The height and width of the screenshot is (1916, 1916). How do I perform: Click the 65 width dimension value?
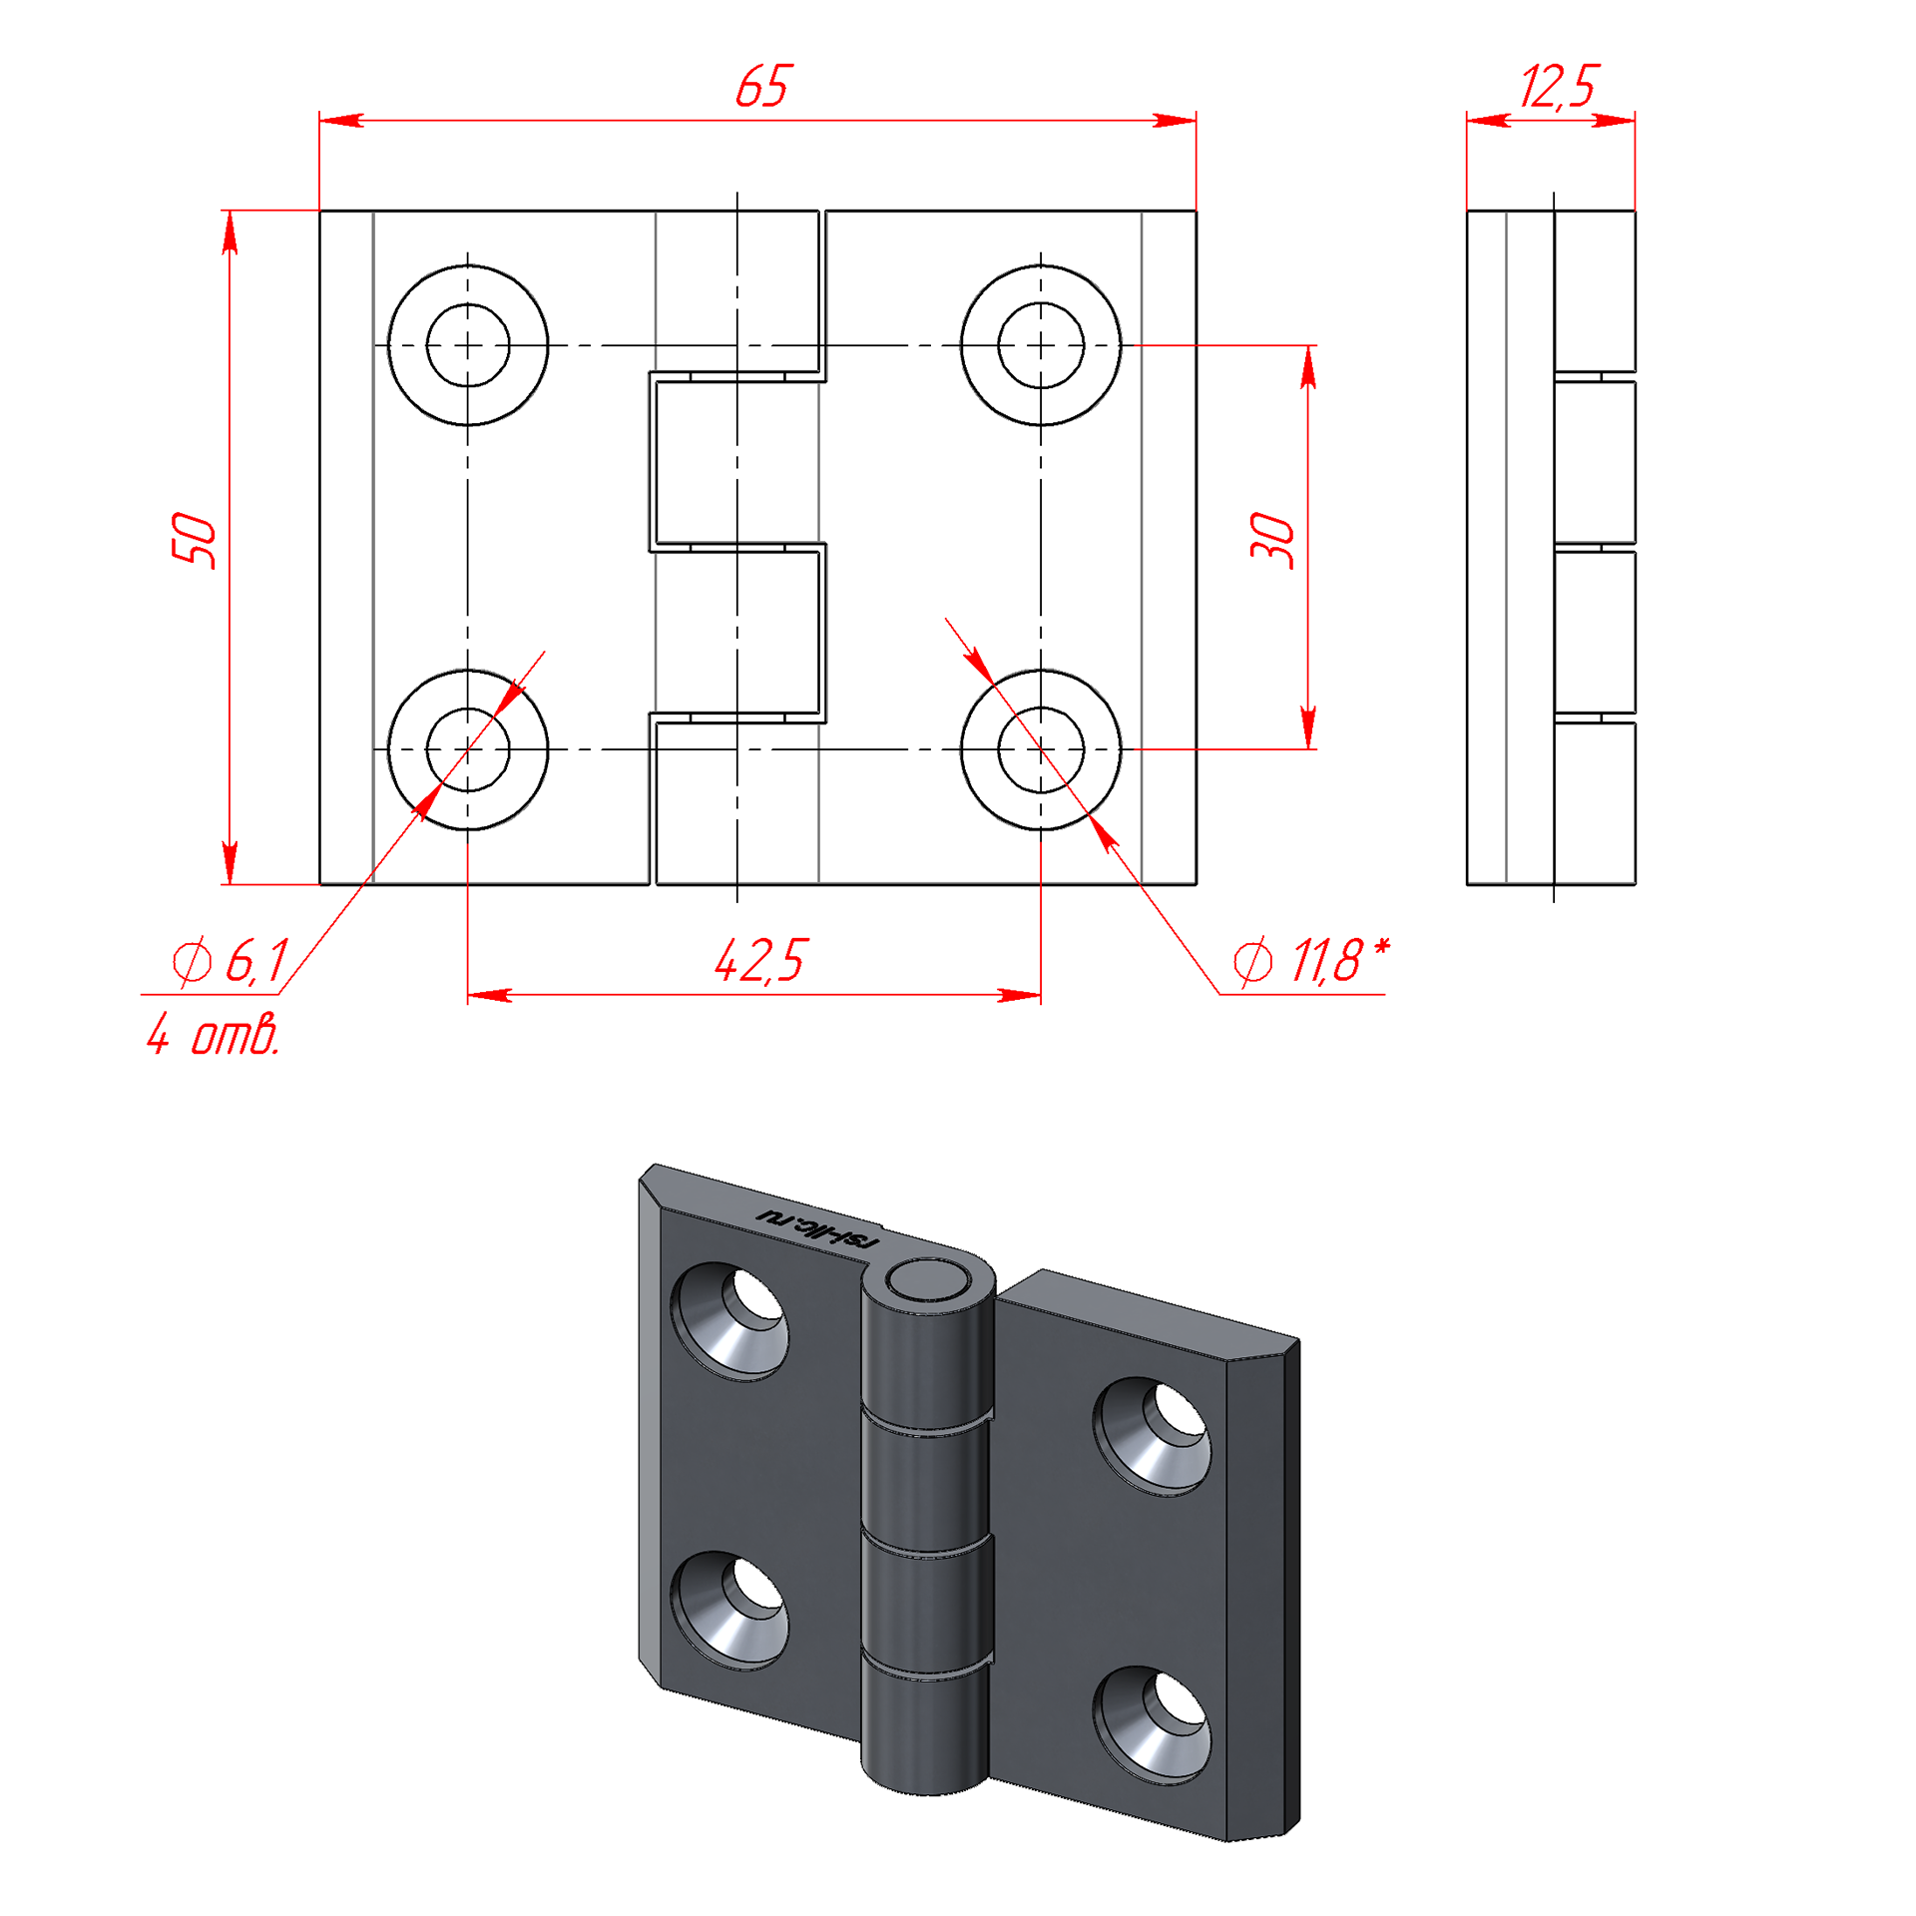click(761, 86)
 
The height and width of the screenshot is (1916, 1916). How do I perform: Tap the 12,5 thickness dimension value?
click(1558, 86)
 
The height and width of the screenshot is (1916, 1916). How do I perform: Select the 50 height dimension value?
click(194, 540)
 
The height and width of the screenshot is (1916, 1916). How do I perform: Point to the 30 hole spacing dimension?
click(1272, 540)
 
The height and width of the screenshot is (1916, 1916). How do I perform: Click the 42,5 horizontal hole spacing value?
click(759, 960)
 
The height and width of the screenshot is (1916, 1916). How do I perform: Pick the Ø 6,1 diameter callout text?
click(231, 960)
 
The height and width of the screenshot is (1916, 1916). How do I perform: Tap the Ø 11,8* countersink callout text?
click(1310, 960)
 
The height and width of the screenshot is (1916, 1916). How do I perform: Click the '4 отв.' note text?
click(213, 1034)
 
